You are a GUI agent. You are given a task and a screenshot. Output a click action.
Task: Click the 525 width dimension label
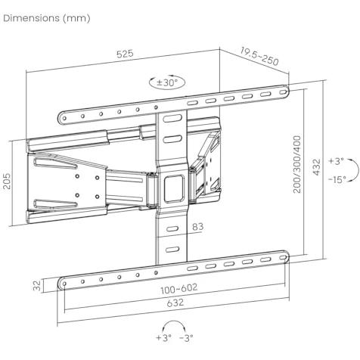125,54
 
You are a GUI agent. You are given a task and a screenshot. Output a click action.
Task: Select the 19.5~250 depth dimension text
259,56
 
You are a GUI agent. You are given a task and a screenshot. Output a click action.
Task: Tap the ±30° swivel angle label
167,82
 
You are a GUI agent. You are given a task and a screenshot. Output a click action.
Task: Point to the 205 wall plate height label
7,181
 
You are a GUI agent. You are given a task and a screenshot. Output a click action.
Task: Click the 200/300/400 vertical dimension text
297,164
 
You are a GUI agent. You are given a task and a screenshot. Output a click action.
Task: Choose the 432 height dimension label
316,166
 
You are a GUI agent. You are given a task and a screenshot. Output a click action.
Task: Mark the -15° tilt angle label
337,179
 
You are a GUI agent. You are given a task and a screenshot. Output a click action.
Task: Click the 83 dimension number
197,227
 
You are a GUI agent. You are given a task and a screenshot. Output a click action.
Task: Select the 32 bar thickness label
37,286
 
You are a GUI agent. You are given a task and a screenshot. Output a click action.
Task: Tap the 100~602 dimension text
179,289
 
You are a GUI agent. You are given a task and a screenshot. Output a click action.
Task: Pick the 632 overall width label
175,303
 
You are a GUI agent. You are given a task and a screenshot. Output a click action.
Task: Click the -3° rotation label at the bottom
186,337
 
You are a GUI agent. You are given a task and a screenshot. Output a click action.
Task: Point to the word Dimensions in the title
32,18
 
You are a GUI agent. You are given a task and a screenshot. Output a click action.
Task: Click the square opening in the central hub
174,188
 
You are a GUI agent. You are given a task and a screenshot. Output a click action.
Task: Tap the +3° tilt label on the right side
336,160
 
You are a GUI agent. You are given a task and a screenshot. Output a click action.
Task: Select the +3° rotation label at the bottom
164,337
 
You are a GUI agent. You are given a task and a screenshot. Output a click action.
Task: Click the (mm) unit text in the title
76,18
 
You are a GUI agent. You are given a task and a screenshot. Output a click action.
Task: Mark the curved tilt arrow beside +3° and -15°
358,169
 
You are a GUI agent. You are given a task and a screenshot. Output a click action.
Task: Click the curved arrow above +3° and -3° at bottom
174,321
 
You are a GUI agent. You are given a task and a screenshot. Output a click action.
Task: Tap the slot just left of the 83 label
172,229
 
